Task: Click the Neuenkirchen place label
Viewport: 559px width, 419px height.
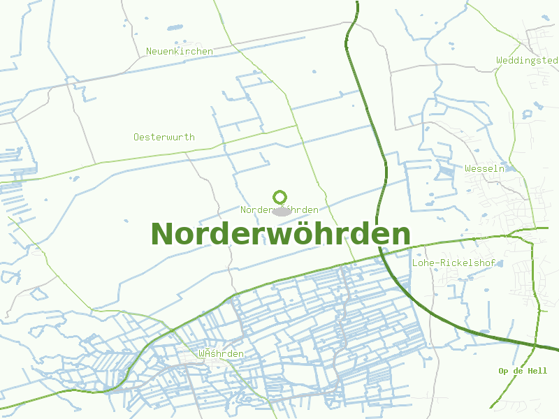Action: [x=179, y=51]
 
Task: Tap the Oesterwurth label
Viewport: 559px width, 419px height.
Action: [x=164, y=137]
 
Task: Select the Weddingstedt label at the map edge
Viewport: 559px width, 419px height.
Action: [x=528, y=61]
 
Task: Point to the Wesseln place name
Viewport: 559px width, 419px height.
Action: [x=485, y=168]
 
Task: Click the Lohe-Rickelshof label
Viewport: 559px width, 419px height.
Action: [x=453, y=263]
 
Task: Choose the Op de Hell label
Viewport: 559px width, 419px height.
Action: [x=523, y=371]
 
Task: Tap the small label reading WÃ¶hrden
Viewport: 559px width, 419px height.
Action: [x=221, y=354]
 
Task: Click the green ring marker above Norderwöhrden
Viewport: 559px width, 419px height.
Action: [x=280, y=197]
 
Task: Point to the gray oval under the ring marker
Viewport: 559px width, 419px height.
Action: [x=281, y=210]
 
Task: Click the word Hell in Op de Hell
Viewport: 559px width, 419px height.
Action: [x=537, y=371]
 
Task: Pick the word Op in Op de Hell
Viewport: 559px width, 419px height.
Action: [x=502, y=371]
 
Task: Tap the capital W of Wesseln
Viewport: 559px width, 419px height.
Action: [x=468, y=168]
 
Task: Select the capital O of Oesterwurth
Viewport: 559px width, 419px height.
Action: [x=137, y=137]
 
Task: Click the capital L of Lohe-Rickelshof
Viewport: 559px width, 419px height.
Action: [x=415, y=263]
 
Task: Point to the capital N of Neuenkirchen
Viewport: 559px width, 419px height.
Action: [x=149, y=51]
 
